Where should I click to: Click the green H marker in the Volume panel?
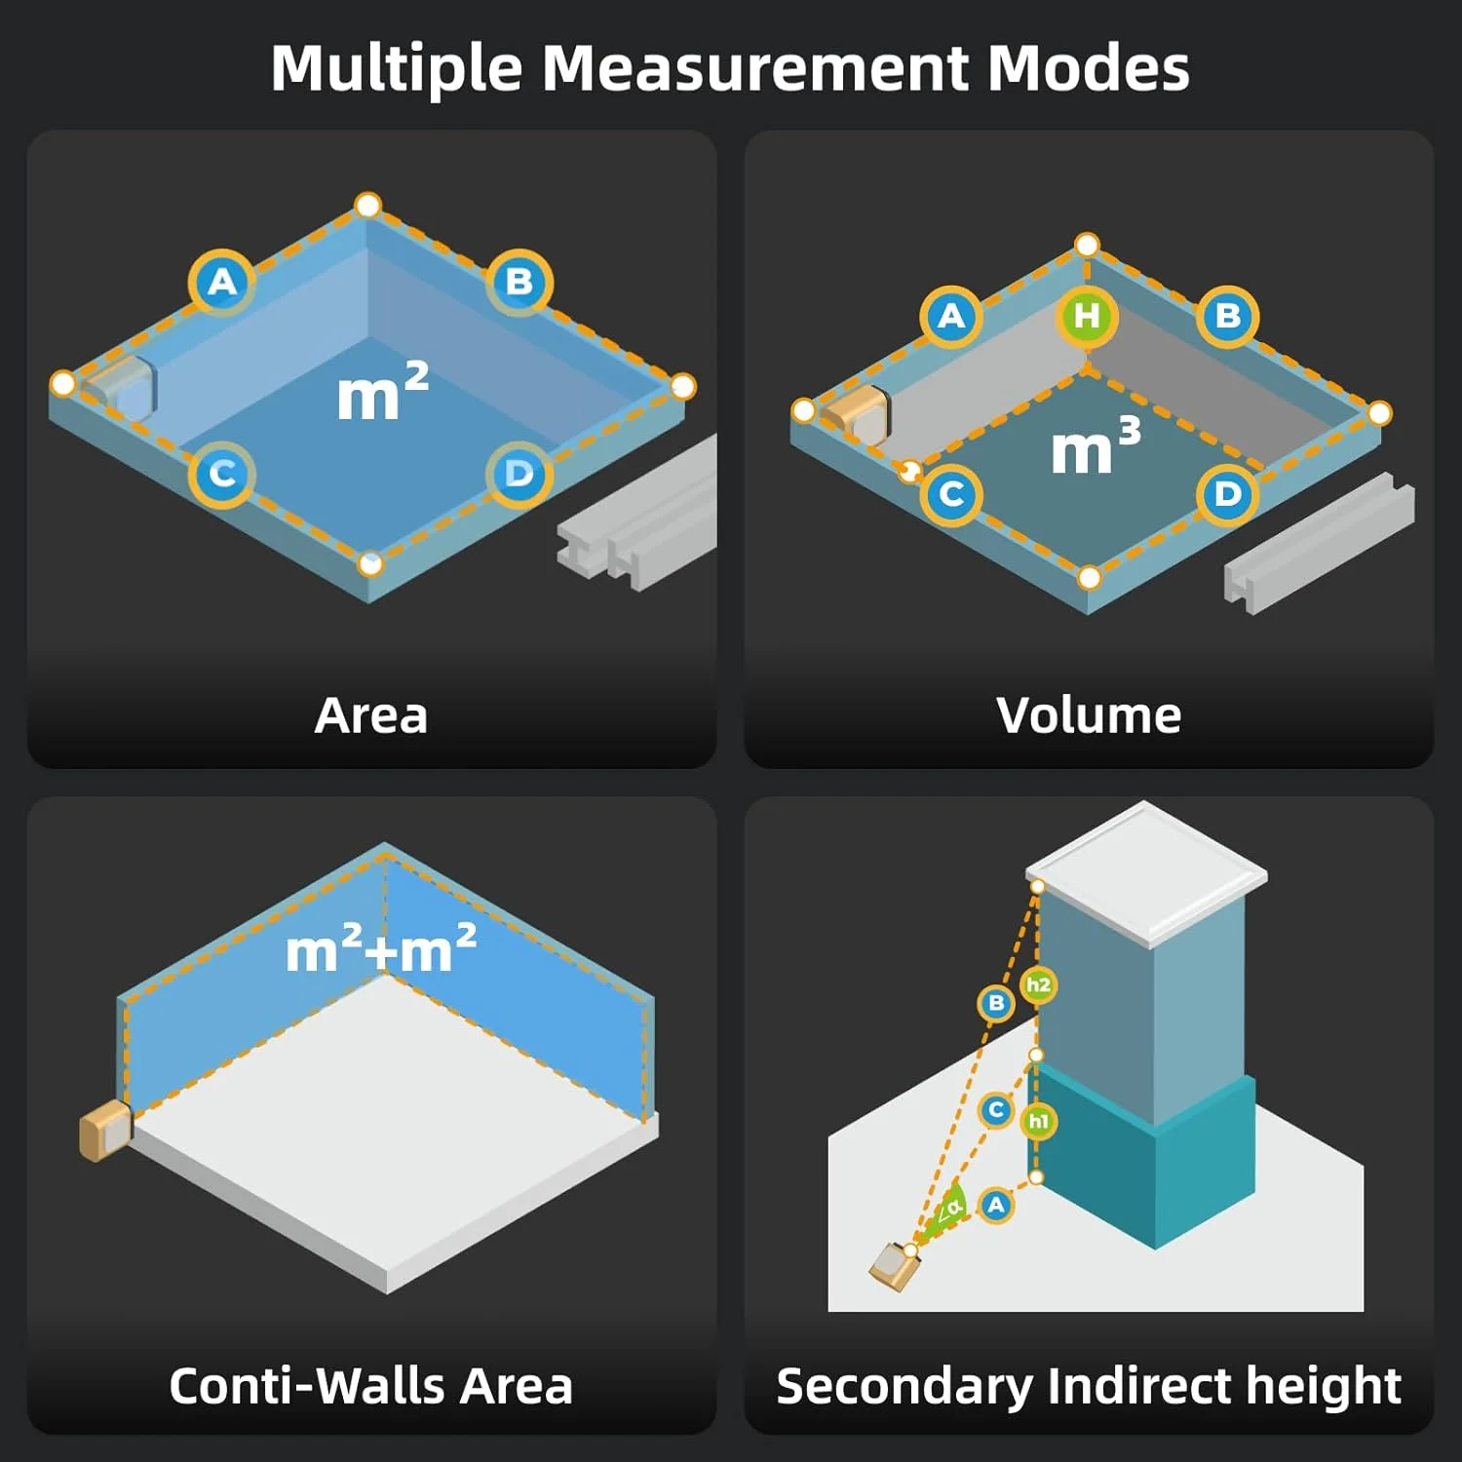(1087, 316)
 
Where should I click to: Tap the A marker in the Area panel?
(222, 283)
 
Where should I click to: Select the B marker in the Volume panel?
(1228, 316)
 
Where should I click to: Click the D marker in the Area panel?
(519, 475)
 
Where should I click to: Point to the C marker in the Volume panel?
(951, 494)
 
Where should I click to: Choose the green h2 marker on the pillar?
(1038, 984)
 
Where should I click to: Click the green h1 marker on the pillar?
(1038, 1121)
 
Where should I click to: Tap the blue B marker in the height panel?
(996, 1003)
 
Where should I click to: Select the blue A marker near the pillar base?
(995, 1206)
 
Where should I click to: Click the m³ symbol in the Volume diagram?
(1095, 447)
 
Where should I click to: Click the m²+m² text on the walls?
(381, 949)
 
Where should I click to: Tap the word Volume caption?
(1089, 715)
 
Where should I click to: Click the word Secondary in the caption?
(904, 1386)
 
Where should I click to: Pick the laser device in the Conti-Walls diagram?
(104, 1132)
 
